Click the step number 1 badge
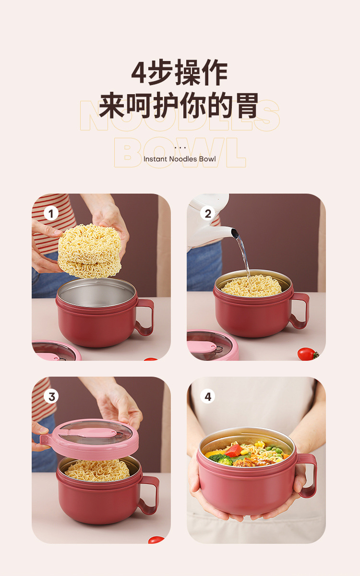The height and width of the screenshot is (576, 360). coord(51,213)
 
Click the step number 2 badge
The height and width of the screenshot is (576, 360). coord(208,213)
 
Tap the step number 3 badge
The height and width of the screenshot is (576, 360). coord(51,396)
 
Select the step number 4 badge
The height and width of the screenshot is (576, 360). coord(208,396)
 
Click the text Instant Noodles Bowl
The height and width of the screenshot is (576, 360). coord(180,159)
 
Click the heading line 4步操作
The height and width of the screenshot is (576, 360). coord(180,74)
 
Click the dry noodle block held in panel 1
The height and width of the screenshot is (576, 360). coord(90,250)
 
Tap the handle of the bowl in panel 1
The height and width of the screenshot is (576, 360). coord(145,317)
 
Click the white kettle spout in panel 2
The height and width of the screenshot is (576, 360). coord(233,233)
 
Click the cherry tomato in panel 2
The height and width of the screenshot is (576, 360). coord(306,354)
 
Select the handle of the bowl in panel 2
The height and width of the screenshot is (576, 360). coord(301,310)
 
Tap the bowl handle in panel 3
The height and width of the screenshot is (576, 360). coord(150,495)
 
